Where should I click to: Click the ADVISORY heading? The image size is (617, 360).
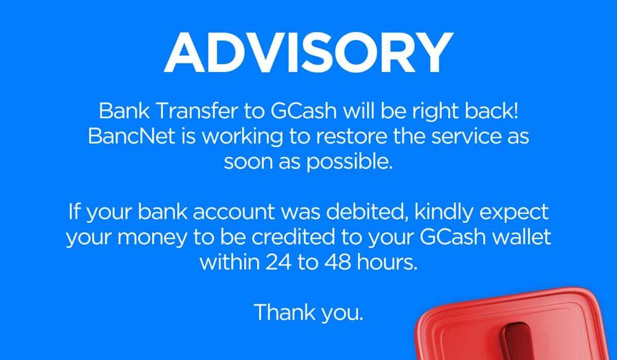tap(308, 52)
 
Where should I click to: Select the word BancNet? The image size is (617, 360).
tap(132, 136)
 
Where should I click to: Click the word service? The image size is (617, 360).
tap(466, 136)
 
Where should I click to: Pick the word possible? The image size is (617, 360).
tap(350, 163)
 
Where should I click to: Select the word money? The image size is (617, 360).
tap(152, 238)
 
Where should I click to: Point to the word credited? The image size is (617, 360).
tap(293, 237)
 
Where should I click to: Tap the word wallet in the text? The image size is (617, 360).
tap(521, 237)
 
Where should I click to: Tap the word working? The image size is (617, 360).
tap(242, 137)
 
